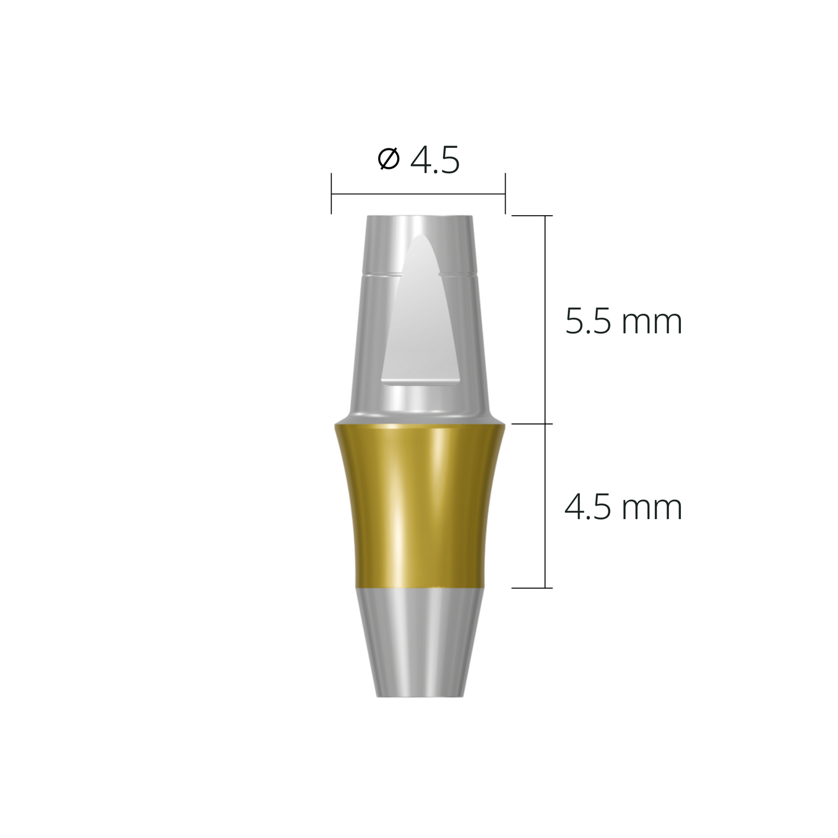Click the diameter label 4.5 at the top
434,161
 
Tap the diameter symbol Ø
389,159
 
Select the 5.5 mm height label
623,322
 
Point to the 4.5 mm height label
623,508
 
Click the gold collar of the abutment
418,505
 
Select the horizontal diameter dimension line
418,194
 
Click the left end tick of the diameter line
331,194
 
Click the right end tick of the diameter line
505,194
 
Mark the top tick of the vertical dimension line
532,216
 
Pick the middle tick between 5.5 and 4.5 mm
532,424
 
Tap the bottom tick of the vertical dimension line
532,588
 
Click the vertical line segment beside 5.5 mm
545,319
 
